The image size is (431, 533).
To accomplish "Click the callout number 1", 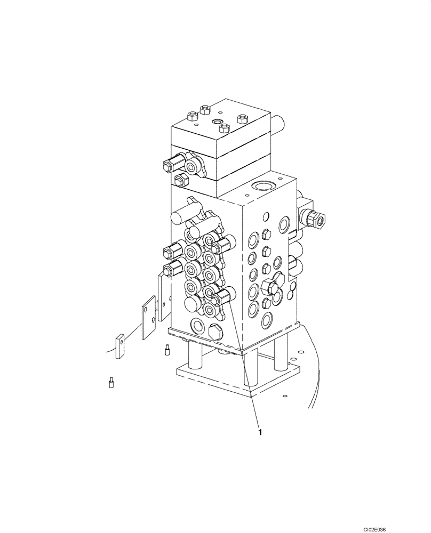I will click(260, 432).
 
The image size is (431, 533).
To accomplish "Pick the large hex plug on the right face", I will click(271, 287).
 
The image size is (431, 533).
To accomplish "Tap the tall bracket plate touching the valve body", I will click(164, 298).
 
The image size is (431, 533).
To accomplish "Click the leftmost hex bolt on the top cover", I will click(191, 115).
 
